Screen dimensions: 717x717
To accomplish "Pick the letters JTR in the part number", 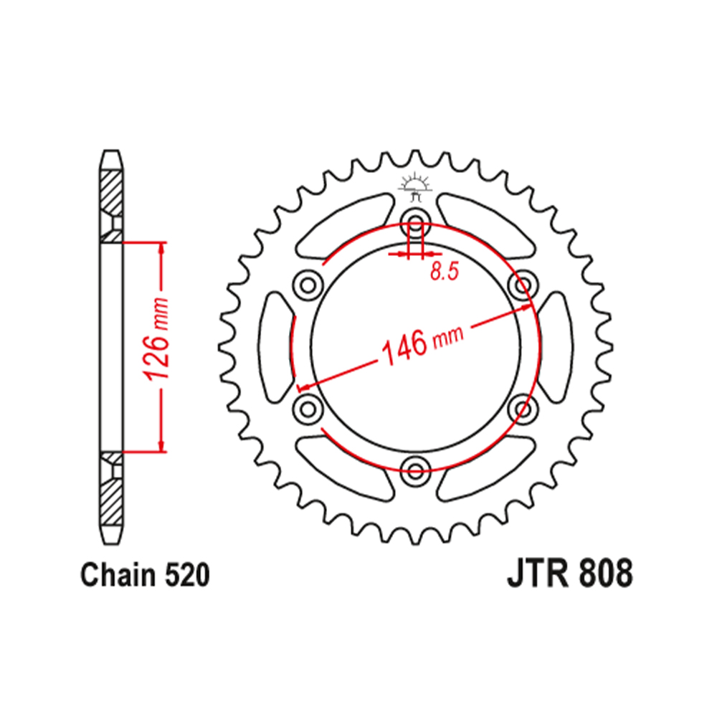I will (x=533, y=575).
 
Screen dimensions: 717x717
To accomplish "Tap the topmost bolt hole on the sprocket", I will (x=414, y=220).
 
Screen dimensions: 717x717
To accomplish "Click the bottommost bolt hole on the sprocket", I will (x=414, y=470).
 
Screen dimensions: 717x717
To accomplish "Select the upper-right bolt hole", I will (x=523, y=284).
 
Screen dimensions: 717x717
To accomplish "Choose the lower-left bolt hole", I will (x=308, y=407).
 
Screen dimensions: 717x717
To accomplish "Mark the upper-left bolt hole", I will (x=308, y=284).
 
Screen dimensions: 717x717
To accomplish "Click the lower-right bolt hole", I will (x=523, y=407).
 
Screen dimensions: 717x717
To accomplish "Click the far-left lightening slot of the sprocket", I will (x=276, y=346).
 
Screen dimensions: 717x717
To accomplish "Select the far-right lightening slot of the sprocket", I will (x=554, y=346).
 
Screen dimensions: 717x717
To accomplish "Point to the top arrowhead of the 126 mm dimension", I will (x=163, y=248).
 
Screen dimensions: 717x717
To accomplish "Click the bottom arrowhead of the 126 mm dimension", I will (x=163, y=445).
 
